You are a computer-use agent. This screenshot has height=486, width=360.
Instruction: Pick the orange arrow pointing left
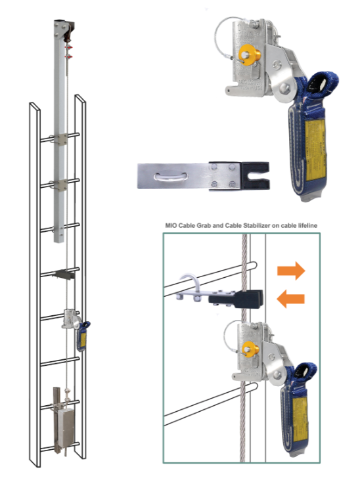[x=291, y=299]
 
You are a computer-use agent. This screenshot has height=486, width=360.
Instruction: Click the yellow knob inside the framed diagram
[x=249, y=350]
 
